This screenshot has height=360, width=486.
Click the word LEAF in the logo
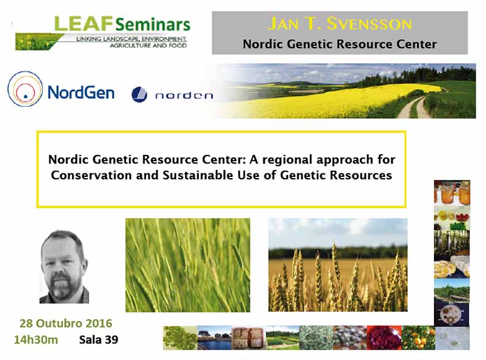click(83, 24)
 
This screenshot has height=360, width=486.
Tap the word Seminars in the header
click(152, 24)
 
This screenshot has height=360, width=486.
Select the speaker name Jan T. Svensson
click(340, 24)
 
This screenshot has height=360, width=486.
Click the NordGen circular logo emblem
click(25, 89)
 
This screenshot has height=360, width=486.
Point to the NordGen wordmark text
click(81, 92)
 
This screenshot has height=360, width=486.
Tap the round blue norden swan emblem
click(140, 94)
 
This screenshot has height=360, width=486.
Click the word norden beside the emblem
click(184, 96)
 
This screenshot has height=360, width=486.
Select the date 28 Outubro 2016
click(65, 323)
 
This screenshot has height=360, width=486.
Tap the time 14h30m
click(36, 340)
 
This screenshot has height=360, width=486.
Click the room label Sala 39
click(99, 340)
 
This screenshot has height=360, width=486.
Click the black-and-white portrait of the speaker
click(64, 267)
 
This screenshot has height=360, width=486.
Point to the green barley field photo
click(187, 265)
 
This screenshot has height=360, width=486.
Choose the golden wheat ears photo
click(338, 265)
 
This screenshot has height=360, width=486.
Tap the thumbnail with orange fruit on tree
click(418, 338)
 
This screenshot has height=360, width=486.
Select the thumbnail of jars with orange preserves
click(452, 193)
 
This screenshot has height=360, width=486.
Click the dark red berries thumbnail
click(384, 338)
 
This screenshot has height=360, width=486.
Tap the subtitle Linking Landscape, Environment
click(132, 39)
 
